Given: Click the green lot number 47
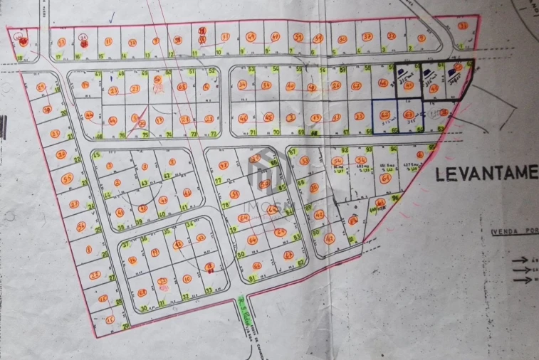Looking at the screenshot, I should tap(98, 74).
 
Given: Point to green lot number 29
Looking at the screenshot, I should tap(126, 327).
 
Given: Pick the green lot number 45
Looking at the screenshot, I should tap(95, 155).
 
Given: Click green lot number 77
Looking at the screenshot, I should tap(218, 181).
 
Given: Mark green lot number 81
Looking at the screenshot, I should tap(253, 277).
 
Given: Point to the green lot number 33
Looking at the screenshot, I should tap(209, 290).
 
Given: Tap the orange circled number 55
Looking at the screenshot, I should tap(68, 178).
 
